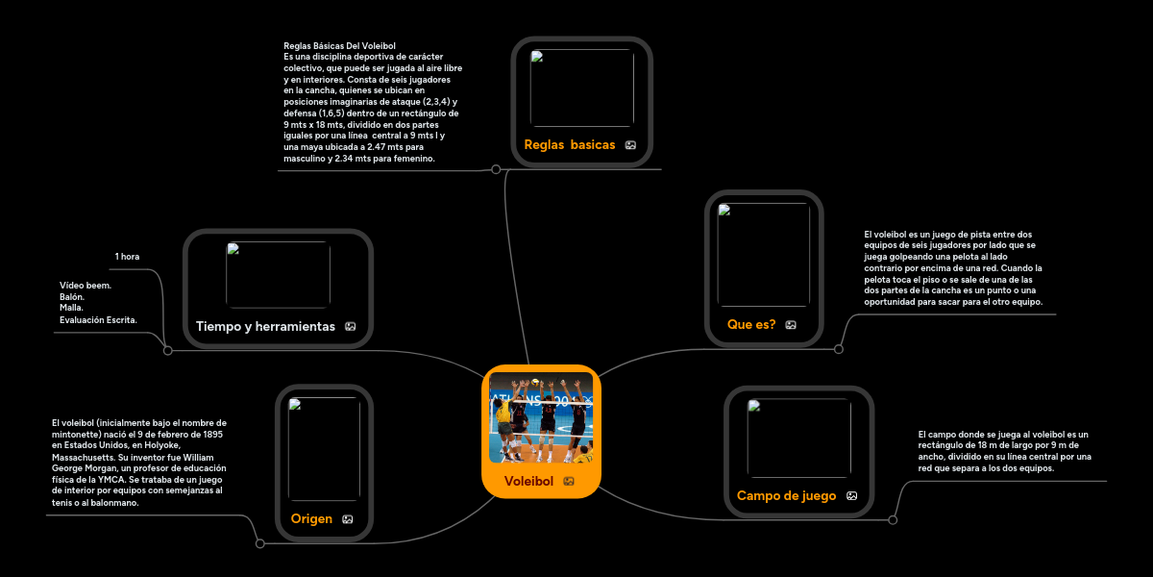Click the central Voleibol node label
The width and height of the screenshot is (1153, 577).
[x=528, y=481]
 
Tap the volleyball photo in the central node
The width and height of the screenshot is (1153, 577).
[x=541, y=417]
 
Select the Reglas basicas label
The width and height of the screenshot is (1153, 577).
[x=569, y=144]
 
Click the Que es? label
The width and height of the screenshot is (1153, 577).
[x=751, y=324]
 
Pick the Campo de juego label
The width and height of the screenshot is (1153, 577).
[x=786, y=495]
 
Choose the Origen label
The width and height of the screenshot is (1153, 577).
[x=311, y=518]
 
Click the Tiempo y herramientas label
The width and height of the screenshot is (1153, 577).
[x=265, y=326]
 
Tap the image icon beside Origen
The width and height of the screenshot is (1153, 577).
[x=348, y=519]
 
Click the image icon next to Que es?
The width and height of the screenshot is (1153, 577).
[x=791, y=325]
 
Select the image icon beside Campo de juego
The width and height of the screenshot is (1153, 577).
[x=851, y=496]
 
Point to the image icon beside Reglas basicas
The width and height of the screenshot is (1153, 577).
[x=630, y=145]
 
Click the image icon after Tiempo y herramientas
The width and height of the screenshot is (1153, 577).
[x=351, y=327]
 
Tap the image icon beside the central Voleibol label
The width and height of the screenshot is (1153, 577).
[x=569, y=481]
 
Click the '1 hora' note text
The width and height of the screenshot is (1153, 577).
[x=127, y=257]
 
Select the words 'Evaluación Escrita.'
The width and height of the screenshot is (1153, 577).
[x=98, y=319]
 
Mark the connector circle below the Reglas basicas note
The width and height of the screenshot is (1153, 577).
[x=496, y=169]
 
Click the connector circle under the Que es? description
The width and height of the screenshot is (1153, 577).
[x=839, y=349]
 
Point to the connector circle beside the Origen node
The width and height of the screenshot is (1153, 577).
[x=259, y=543]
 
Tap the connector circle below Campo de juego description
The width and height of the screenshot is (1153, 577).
[x=893, y=520]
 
